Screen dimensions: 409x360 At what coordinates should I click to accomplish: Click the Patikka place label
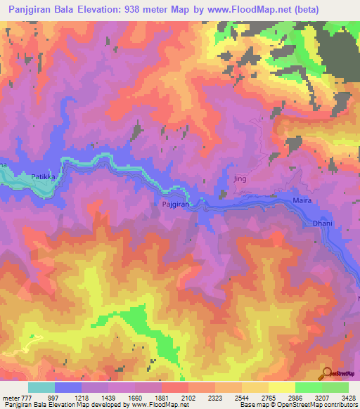43,177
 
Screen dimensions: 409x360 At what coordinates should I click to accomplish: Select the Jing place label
242,179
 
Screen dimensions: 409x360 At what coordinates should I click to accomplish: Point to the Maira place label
300,201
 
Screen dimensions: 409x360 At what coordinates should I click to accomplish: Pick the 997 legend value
54,398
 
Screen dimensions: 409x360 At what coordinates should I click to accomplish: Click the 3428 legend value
348,398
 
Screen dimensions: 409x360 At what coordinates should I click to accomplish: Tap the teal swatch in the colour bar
41,387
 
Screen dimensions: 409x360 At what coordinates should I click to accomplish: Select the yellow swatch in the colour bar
282,387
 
